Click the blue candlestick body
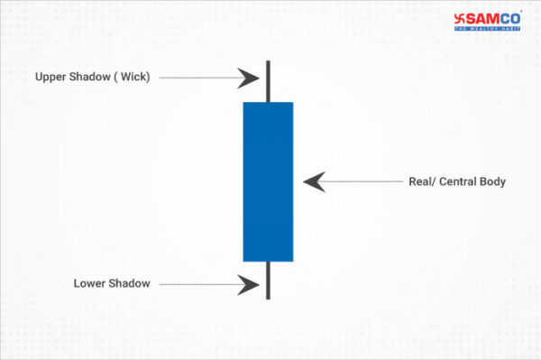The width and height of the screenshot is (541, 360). coord(268,180)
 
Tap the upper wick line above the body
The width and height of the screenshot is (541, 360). coord(268,81)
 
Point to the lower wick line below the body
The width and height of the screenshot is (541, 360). coord(268,280)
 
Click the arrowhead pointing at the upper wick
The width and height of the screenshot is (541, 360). coord(248,78)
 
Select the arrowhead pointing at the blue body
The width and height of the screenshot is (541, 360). coord(313,181)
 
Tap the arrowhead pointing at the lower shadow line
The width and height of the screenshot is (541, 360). coord(248,284)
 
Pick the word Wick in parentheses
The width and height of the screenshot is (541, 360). coord(131,78)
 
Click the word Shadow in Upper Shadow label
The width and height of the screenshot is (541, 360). coord(89,78)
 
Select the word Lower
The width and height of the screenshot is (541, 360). coord(88,284)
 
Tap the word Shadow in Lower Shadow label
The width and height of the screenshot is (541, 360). coord(129,284)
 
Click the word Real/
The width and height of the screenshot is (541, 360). coord(423,182)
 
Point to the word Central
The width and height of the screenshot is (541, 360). coord(460,182)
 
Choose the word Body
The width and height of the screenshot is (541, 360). coord(493,182)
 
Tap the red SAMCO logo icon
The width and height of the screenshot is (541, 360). coord(462,17)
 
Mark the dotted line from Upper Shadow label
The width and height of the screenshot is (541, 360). coord(198,78)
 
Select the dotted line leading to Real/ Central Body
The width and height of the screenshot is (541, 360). coord(361,182)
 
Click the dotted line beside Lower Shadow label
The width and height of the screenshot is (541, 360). coord(198,284)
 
